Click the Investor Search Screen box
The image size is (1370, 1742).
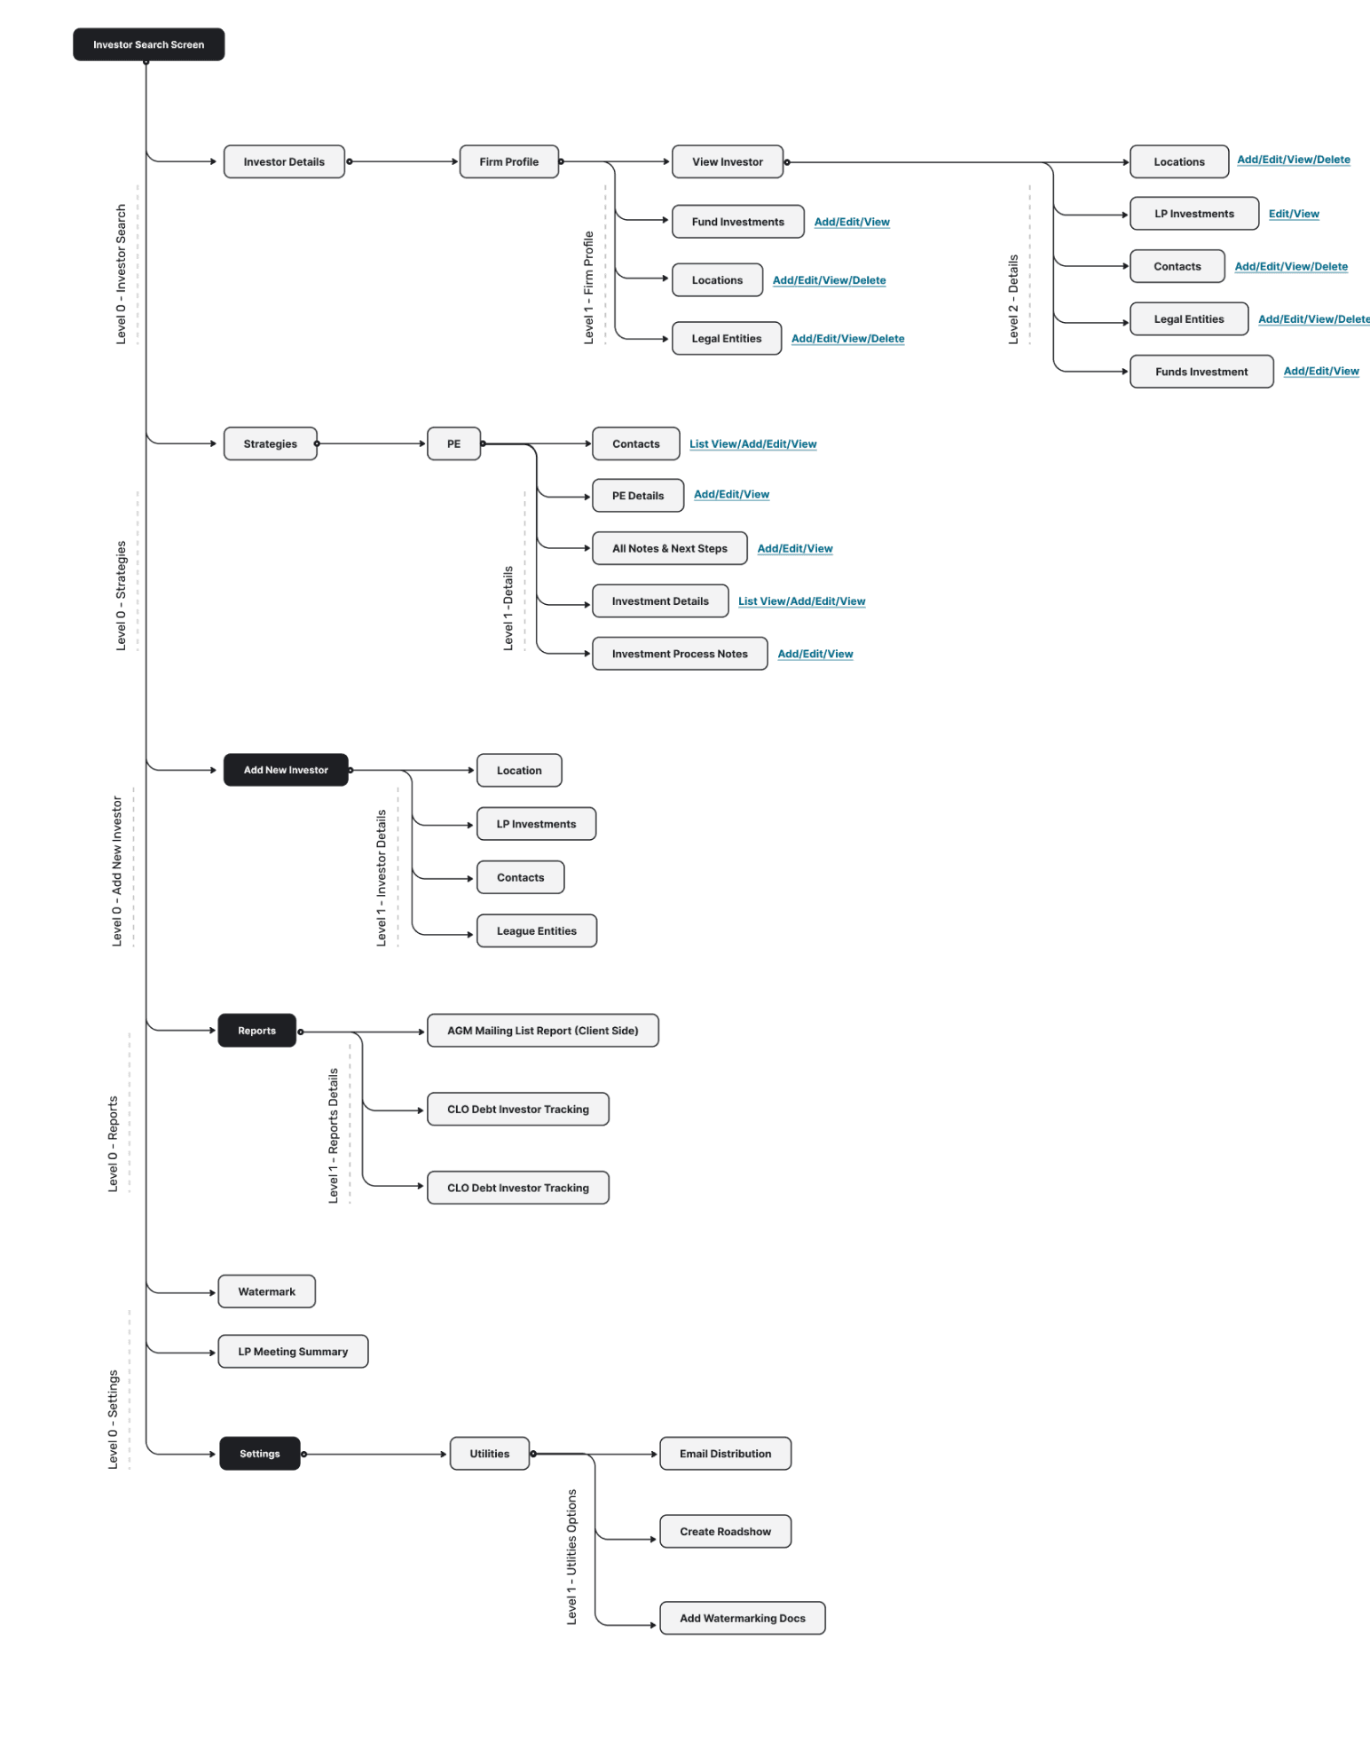[x=148, y=44]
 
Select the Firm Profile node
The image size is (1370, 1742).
[x=508, y=161]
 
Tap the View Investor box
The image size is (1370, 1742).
[x=727, y=161]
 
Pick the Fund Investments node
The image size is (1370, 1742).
[x=737, y=222]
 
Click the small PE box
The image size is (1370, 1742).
[x=453, y=443]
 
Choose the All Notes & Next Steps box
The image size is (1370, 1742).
[x=669, y=548]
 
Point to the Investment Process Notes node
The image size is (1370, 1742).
[x=679, y=654]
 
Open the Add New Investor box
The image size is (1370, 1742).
[x=285, y=770]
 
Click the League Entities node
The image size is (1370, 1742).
[x=536, y=931]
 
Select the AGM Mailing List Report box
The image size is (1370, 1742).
[x=542, y=1031]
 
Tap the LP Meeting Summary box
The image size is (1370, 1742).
[x=292, y=1352]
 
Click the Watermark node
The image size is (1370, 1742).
[x=266, y=1291]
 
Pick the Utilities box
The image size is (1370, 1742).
[x=489, y=1454]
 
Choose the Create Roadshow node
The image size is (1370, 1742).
[x=725, y=1532]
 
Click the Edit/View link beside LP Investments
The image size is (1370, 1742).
[x=1294, y=214]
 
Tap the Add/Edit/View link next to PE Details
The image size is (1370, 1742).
[x=731, y=494]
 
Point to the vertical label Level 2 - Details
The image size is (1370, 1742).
[x=1013, y=300]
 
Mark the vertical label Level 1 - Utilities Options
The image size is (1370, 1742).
[x=571, y=1557]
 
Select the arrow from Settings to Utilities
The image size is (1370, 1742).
[x=374, y=1454]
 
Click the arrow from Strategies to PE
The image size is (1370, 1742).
[x=371, y=443]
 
